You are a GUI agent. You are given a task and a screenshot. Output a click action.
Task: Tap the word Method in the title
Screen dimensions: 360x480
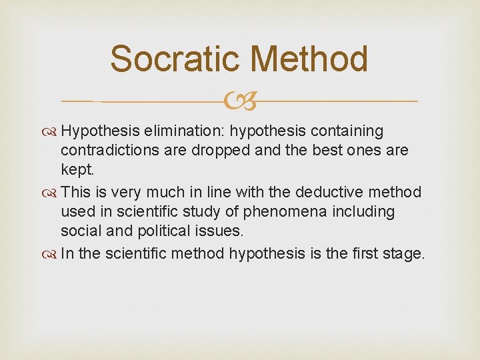click(309, 59)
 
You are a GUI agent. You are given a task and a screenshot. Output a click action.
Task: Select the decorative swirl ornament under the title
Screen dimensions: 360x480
click(240, 101)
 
